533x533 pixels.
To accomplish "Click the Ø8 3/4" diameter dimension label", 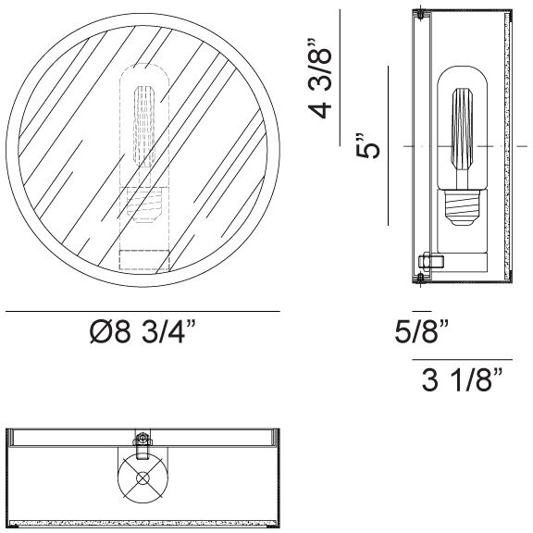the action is coord(143,332).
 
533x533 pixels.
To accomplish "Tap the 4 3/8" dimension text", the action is coord(320,79).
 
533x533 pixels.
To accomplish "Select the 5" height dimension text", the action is coord(367,146).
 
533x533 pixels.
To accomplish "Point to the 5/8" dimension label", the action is coord(422,330).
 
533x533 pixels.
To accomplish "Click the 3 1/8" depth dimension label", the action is coord(462,379).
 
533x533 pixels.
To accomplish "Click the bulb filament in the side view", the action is coord(462,130).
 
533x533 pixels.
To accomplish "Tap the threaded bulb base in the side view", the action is coord(463,207).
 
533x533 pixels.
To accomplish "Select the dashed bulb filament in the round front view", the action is coord(144,127).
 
